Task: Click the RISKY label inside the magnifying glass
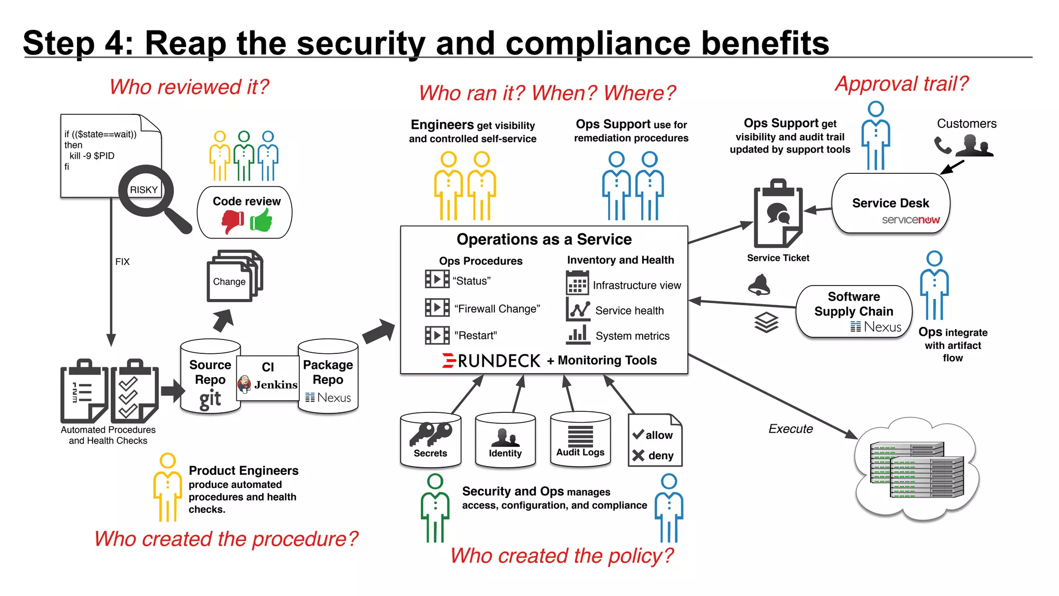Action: coord(143,190)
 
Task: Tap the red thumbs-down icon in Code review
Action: coord(233,222)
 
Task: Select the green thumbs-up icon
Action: coord(262,221)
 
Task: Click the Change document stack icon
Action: coord(234,276)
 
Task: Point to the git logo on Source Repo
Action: coord(210,399)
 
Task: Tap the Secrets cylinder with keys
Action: coord(430,439)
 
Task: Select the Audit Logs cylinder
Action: coord(580,439)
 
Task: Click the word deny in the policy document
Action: coord(661,456)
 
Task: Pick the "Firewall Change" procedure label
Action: coord(497,309)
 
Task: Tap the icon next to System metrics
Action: coord(578,335)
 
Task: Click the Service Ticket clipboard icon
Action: coord(777,214)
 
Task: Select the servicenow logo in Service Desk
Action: coord(911,220)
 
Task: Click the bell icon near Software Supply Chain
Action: coord(759,285)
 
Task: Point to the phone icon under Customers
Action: coord(942,145)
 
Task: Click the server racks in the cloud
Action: coord(917,469)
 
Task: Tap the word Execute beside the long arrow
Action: coord(790,429)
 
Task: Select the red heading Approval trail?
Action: coord(901,84)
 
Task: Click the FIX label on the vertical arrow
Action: coord(123,262)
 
